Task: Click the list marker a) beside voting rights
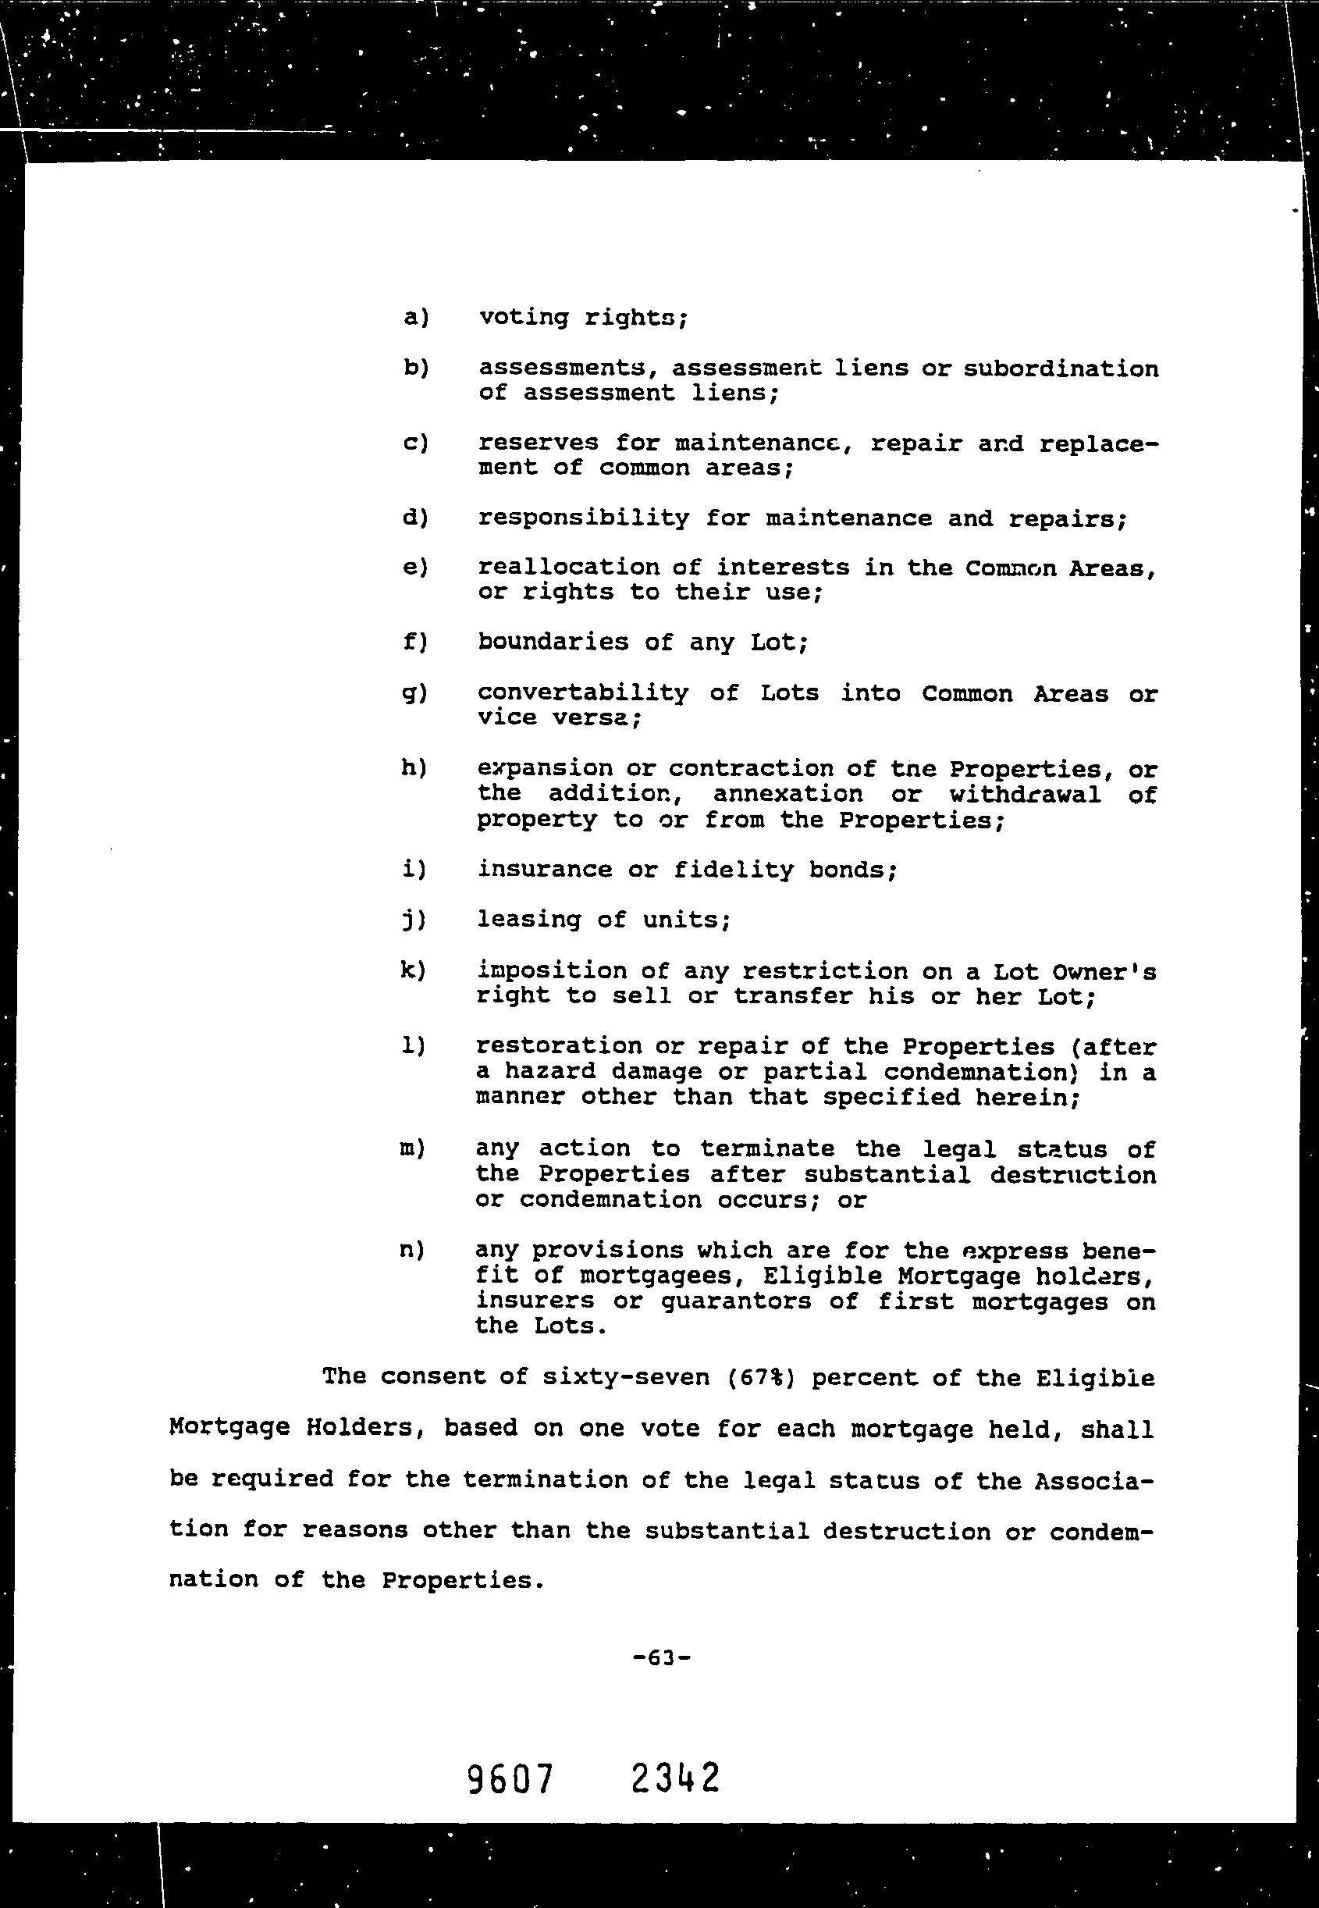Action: click(417, 318)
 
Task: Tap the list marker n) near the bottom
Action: click(412, 1250)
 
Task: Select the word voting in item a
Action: click(524, 319)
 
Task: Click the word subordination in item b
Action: click(1061, 368)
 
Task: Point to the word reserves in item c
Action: click(538, 443)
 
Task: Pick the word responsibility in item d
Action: click(584, 518)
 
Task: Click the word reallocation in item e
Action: click(569, 568)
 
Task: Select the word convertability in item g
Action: click(584, 692)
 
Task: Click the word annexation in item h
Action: click(787, 795)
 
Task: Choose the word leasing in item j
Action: click(530, 920)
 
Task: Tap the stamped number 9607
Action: click(509, 1778)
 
